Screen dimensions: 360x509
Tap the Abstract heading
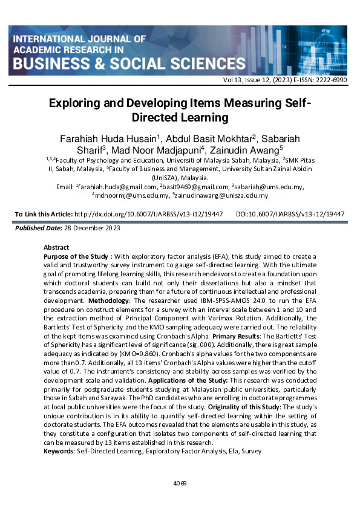click(x=56, y=247)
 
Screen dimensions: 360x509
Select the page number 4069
click(x=180, y=483)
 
